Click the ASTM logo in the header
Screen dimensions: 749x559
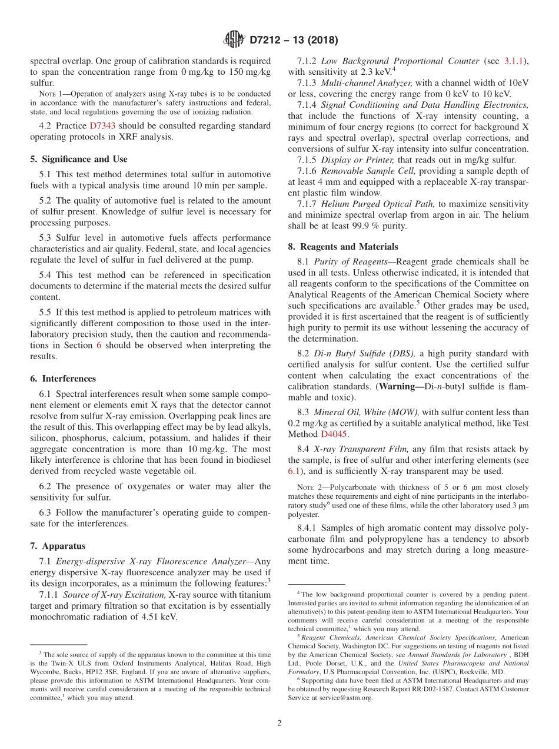click(x=234, y=40)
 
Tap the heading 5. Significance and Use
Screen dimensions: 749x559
click(x=78, y=159)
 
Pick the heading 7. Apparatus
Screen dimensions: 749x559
click(x=58, y=546)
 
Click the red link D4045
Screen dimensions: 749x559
click(x=335, y=434)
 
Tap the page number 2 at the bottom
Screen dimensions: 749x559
click(x=279, y=723)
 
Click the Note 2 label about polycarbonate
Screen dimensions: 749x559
click(x=308, y=488)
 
